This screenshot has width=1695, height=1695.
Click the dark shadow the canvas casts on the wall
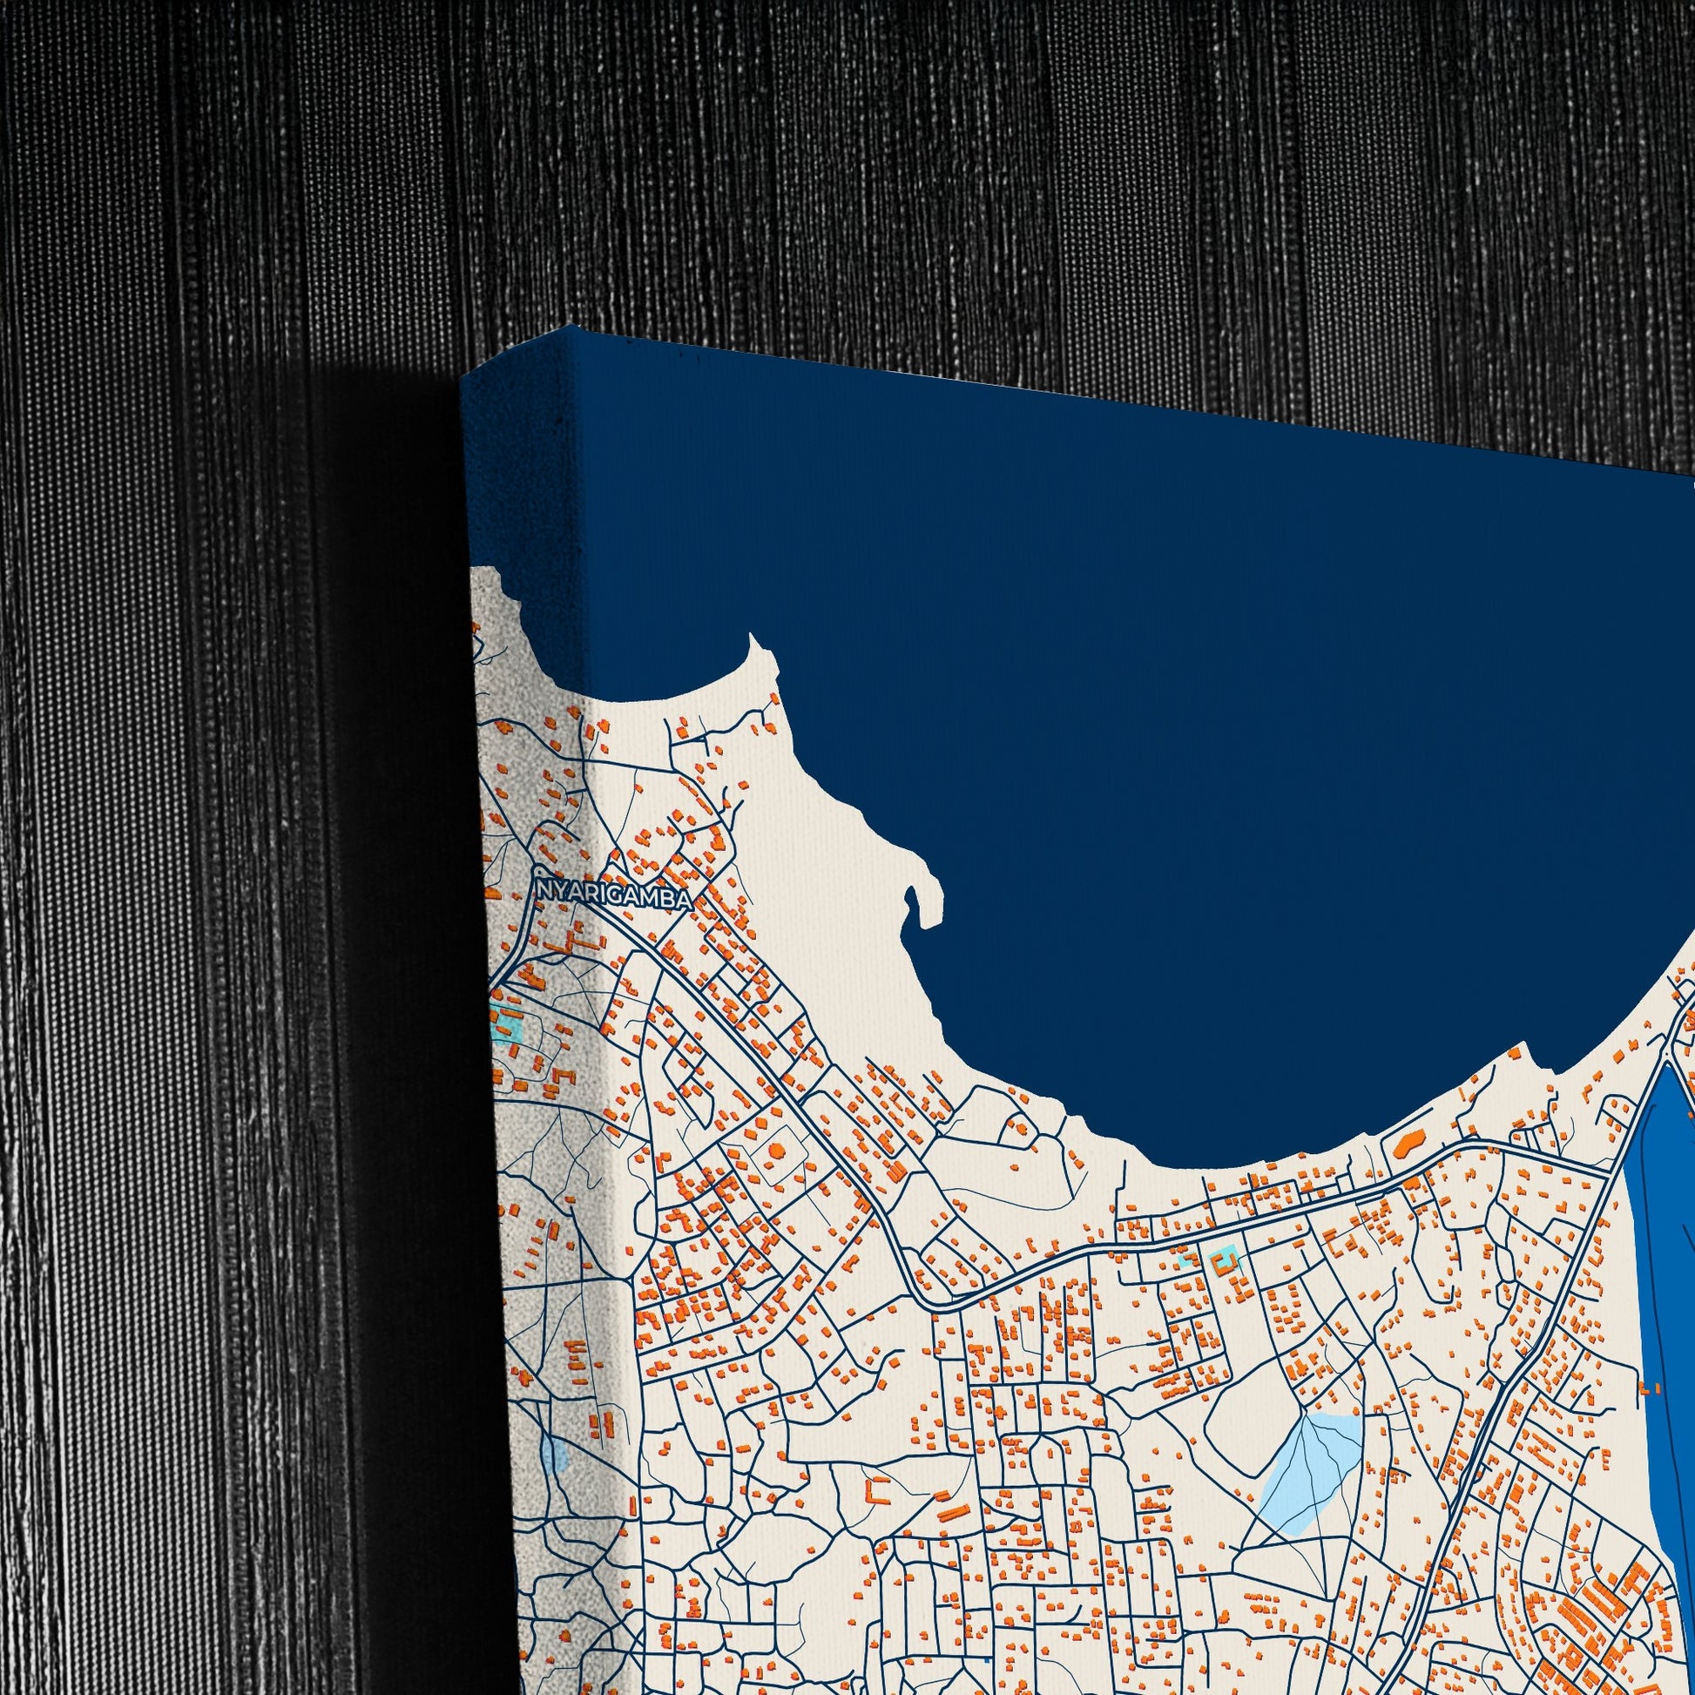[395, 877]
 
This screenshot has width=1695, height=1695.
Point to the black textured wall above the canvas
[877, 175]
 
